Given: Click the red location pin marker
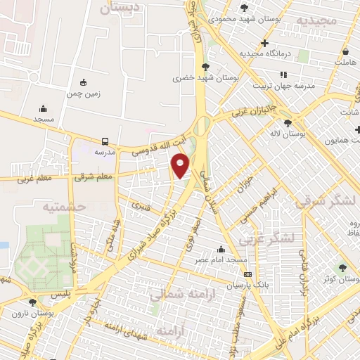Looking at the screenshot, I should [181, 166].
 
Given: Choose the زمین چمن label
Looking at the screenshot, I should [84, 93].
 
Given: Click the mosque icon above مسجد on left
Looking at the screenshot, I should [44, 109].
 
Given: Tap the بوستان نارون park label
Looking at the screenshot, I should [37, 311].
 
